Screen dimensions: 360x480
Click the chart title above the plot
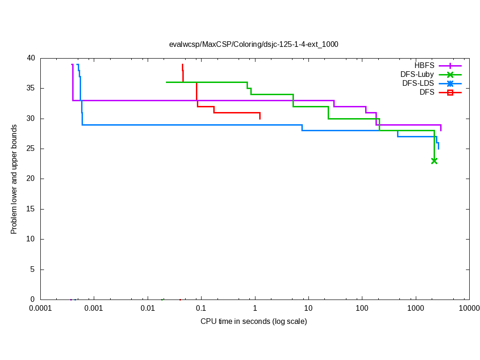(254, 45)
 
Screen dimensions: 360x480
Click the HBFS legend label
(424, 65)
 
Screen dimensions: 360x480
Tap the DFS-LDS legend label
(418, 83)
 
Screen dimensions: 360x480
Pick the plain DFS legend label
(427, 92)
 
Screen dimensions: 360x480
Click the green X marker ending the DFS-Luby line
(434, 161)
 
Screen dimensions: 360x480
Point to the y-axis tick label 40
(31, 58)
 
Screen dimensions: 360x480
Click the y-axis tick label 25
(31, 149)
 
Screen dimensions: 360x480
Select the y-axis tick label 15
(31, 209)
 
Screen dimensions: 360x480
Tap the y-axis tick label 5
(33, 270)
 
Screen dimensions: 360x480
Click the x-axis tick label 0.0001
(40, 308)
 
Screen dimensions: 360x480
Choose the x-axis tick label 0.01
(148, 308)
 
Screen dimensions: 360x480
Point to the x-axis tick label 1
(255, 308)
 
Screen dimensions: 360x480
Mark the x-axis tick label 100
(362, 308)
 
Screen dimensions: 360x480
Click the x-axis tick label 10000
(469, 308)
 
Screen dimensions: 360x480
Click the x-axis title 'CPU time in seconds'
(254, 322)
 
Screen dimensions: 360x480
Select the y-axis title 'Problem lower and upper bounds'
(14, 179)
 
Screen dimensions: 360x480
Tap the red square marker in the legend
(450, 93)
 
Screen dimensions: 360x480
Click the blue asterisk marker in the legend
(450, 83)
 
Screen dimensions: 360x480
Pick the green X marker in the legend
(450, 75)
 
